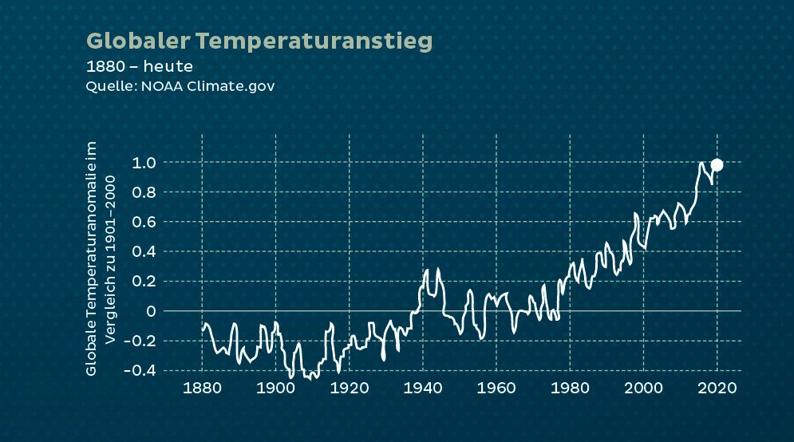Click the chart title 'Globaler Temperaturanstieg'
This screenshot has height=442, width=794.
[259, 41]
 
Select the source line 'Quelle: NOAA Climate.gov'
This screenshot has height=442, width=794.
[180, 85]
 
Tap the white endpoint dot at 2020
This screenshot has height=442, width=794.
[717, 164]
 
